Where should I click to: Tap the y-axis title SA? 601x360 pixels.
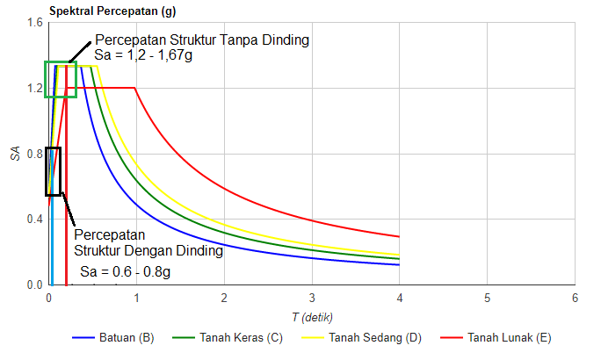pos(14,154)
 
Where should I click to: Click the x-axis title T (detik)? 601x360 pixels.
pos(311,316)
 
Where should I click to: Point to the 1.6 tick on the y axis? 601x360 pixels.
pos(34,23)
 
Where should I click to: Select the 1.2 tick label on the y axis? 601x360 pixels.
pos(34,89)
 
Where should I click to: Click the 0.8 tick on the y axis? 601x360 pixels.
pos(34,154)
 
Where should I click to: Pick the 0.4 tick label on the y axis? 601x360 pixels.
pos(34,220)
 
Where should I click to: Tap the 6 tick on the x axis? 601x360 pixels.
pos(575,298)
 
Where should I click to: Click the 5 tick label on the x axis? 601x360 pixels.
pos(487,298)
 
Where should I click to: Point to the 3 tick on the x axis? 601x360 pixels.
pos(312,298)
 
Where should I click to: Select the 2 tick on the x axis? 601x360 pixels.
pos(224,298)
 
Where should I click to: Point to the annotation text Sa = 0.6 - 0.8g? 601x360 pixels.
pos(126,271)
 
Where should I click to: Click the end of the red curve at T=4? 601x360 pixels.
pos(399,237)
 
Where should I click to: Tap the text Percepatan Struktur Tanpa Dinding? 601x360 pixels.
pos(202,41)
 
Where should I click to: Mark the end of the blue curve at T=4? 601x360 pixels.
pos(399,264)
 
